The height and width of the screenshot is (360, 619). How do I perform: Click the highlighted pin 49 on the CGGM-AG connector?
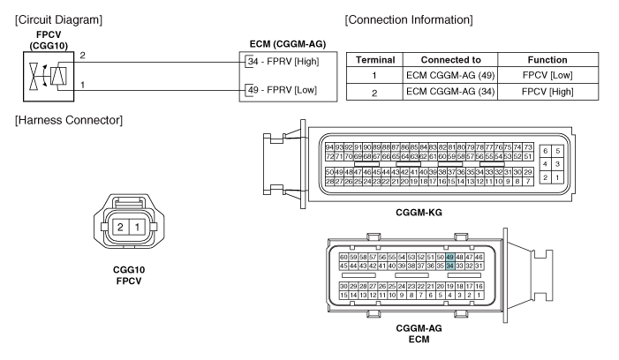coord(449,257)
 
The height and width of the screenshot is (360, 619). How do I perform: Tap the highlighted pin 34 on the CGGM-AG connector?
coord(449,266)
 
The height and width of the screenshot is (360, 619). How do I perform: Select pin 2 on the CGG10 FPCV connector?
coord(120,227)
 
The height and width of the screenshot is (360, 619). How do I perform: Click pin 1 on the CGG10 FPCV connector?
coord(137,227)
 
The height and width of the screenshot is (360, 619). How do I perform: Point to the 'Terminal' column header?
coord(375,60)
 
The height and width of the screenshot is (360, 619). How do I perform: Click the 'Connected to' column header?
coord(451,60)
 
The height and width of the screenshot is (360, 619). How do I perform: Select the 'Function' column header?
coord(547,60)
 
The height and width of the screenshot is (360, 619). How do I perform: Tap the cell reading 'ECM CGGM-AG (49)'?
coord(450,75)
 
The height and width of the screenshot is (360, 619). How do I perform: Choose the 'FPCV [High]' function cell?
coord(547,92)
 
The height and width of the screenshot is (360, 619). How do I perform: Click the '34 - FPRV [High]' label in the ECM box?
coord(283,62)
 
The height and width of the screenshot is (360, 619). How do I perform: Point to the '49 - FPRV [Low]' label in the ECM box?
coord(283,90)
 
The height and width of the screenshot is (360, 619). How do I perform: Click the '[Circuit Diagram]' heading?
coord(59,19)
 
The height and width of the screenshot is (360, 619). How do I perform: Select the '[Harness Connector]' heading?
coord(69,120)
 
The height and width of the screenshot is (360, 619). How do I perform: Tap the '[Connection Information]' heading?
coord(409,19)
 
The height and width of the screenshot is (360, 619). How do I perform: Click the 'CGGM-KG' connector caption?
coord(419,213)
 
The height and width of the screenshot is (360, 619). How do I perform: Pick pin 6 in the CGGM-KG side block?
coord(545,151)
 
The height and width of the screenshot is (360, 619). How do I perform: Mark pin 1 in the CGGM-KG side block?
coord(557,177)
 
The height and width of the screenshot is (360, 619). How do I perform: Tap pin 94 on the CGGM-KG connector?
coord(329,147)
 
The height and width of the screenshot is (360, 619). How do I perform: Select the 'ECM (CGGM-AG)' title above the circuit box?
coord(288,44)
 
